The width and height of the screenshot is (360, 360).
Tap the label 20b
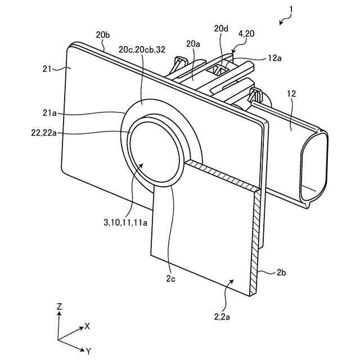[102, 35]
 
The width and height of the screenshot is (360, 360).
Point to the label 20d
[220, 28]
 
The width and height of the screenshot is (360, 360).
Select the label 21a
[49, 113]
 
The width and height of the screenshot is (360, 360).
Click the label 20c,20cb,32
[141, 49]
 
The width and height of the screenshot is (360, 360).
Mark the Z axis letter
[59, 306]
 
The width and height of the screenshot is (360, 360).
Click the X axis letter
[87, 326]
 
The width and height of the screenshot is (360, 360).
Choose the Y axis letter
[89, 351]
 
